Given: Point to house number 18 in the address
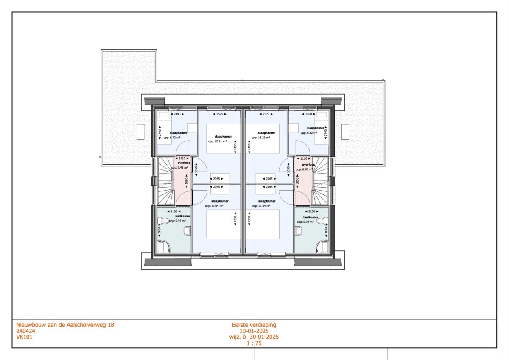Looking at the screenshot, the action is [x=111, y=325].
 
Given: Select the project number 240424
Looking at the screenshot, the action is [x=26, y=331].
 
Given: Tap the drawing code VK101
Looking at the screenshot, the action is [x=24, y=337].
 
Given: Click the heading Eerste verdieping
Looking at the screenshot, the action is [x=254, y=325].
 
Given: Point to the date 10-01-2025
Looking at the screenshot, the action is [x=254, y=331].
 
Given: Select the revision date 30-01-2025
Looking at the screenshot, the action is [x=264, y=337].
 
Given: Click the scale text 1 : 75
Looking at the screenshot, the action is [x=254, y=343].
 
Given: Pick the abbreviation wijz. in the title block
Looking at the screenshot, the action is [x=235, y=337].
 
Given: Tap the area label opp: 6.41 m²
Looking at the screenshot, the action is [x=179, y=168].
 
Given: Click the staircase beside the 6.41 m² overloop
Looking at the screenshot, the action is [x=165, y=181].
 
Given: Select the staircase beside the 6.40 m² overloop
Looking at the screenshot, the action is [x=320, y=181].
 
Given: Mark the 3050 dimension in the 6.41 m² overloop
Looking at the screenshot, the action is [x=187, y=181].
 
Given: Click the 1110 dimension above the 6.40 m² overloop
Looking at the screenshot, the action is [x=304, y=158].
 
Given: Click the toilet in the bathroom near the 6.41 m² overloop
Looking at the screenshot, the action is [x=163, y=221].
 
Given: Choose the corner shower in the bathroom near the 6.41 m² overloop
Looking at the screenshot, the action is [x=163, y=246].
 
